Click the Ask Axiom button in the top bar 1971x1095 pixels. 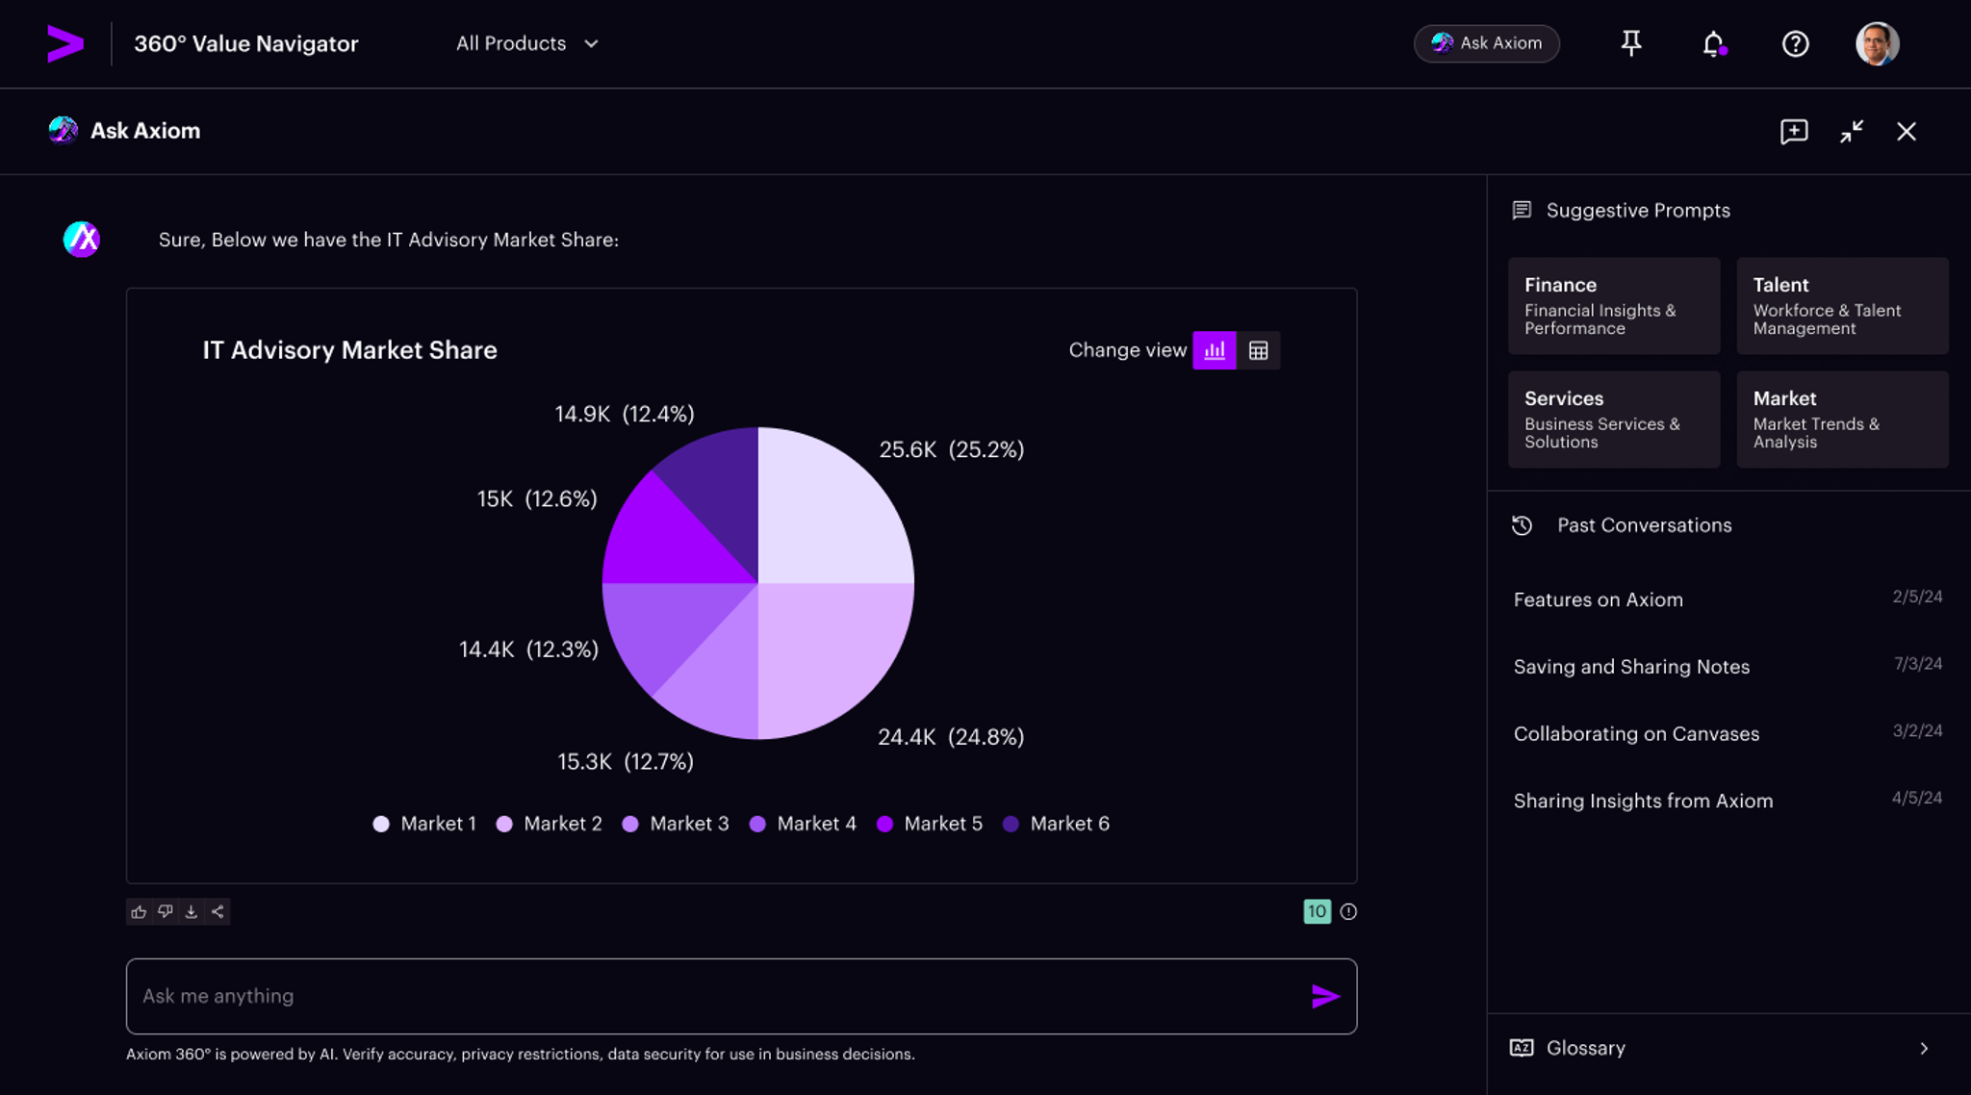coord(1486,43)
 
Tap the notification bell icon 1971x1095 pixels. coord(1713,43)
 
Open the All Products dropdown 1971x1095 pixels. coord(526,43)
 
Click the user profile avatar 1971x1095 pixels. coord(1877,43)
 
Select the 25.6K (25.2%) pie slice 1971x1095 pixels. coord(832,510)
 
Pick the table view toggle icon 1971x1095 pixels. coord(1258,350)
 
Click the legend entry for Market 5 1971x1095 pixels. coord(930,824)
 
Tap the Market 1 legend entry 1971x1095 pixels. coord(424,824)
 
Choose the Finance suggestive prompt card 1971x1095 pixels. coord(1613,305)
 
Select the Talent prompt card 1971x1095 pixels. coord(1841,305)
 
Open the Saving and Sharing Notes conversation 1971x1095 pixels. coord(1631,666)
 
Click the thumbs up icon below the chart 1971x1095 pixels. coord(139,911)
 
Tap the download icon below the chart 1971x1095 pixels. coord(192,911)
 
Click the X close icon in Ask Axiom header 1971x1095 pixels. coord(1906,132)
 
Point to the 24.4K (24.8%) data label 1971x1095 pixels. coord(951,737)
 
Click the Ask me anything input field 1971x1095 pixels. coord(712,996)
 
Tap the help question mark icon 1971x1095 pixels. coord(1795,43)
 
